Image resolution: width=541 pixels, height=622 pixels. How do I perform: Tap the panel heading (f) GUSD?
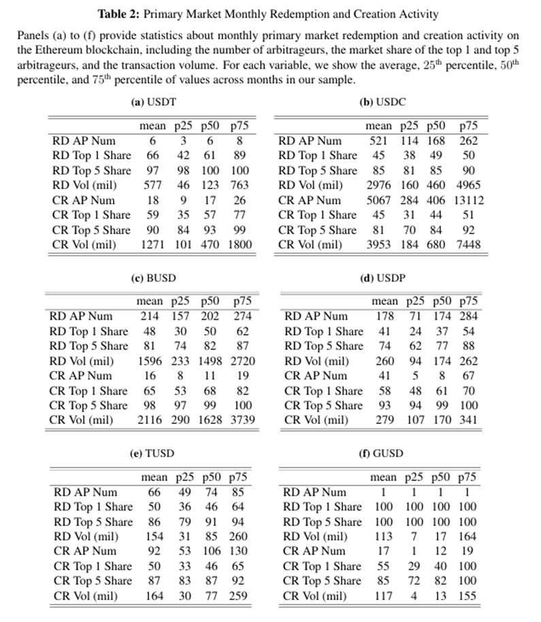click(x=378, y=453)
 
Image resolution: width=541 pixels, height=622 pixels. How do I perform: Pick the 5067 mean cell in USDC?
click(x=378, y=200)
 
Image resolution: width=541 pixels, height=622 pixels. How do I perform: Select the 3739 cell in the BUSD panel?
click(x=242, y=420)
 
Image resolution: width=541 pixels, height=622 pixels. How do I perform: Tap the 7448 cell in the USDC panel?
click(x=468, y=244)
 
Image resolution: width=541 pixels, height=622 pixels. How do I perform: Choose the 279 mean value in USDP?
click(x=385, y=420)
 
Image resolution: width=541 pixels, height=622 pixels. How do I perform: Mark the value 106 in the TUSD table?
click(x=212, y=551)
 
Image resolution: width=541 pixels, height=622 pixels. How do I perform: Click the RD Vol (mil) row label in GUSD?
click(x=315, y=536)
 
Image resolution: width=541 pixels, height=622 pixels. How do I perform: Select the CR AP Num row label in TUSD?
click(x=84, y=551)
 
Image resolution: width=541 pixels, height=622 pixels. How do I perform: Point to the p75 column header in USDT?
click(x=239, y=126)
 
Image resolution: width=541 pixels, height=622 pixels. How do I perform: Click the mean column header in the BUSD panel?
click(x=150, y=301)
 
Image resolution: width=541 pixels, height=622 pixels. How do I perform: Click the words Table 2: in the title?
click(x=120, y=14)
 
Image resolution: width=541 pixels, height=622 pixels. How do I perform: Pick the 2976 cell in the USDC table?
click(x=378, y=185)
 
